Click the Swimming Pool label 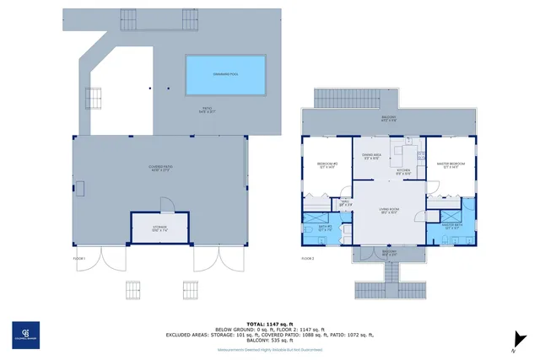click(225, 75)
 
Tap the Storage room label click(159, 228)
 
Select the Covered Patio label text click(159, 169)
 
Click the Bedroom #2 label click(327, 164)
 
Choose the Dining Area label click(372, 157)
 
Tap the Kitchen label click(404, 173)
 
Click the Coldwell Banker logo click(25, 335)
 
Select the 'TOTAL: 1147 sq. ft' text click(269, 324)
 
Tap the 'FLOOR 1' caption click(81, 258)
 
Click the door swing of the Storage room click(167, 205)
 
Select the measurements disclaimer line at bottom click(269, 348)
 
